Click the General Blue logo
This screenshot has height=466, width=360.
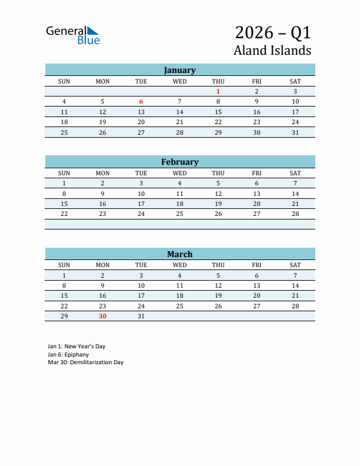(73, 35)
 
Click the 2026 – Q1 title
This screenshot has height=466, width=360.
(273, 32)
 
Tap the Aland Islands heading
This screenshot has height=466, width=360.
(272, 51)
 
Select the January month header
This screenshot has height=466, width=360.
(179, 70)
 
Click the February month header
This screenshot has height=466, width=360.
(179, 162)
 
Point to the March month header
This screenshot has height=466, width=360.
(179, 254)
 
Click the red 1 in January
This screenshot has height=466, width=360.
(218, 91)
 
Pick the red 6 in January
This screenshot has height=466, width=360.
(141, 102)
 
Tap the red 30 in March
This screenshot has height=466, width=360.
(102, 316)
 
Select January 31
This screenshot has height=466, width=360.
(295, 132)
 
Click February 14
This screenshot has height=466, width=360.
(295, 194)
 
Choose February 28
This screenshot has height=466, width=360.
(295, 214)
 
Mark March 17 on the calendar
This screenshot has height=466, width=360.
(141, 296)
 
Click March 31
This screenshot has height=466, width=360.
(141, 316)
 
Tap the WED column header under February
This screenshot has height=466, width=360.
(179, 173)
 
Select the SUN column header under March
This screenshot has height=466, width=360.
(64, 265)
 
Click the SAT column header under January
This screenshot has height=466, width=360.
(295, 81)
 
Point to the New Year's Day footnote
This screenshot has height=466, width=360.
(76, 347)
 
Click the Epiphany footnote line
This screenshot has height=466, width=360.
(68, 355)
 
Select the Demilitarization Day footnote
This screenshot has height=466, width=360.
(86, 362)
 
